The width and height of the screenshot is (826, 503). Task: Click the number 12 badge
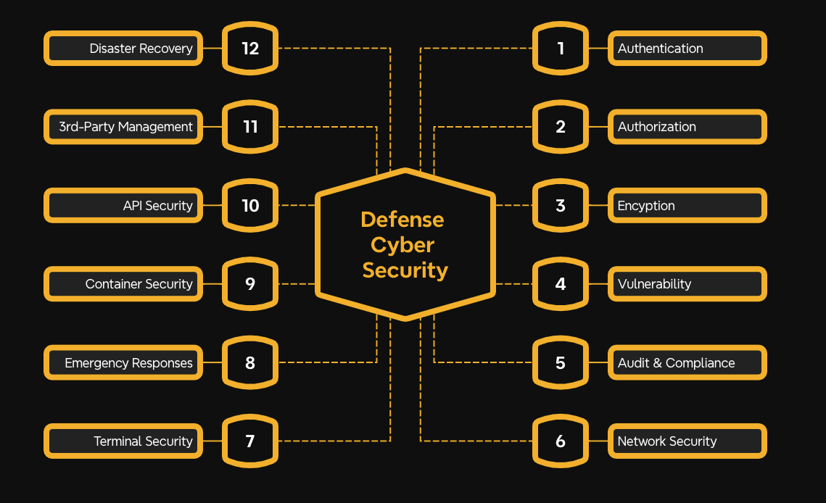point(250,49)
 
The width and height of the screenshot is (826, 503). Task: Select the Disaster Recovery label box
point(123,49)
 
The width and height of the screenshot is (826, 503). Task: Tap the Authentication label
point(686,49)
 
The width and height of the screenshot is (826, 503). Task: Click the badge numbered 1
point(560,49)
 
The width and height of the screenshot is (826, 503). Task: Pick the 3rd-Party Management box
point(123,127)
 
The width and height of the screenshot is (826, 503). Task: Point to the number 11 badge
point(250,127)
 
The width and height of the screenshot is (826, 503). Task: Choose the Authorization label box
point(686,127)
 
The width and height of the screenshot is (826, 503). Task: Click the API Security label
point(123,206)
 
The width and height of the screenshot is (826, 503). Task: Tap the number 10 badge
point(250,206)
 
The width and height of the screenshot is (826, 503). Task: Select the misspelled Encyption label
point(686,206)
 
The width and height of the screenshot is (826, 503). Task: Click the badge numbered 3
point(560,206)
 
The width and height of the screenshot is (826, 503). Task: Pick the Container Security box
point(123,284)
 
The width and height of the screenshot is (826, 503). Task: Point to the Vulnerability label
point(686,284)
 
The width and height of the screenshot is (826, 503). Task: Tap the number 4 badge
point(560,284)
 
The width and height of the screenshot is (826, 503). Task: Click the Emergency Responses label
point(123,363)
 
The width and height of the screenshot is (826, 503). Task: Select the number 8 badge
point(250,363)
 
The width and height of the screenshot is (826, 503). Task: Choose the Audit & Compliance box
point(686,363)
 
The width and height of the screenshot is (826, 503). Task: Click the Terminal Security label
point(123,441)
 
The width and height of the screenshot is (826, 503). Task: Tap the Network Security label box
point(686,441)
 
